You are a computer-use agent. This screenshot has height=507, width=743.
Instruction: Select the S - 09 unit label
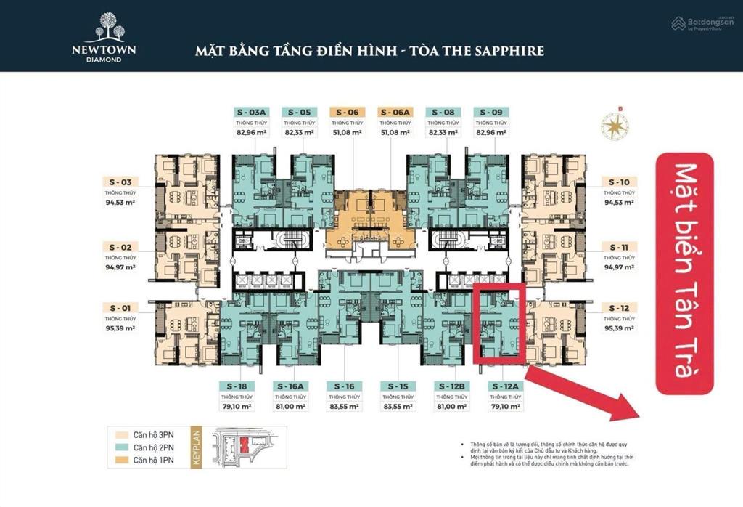pyautogui.click(x=491, y=112)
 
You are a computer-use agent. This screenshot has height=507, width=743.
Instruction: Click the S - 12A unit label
pyautogui.click(x=506, y=386)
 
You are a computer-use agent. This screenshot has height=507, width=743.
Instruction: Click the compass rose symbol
pyautogui.click(x=614, y=126)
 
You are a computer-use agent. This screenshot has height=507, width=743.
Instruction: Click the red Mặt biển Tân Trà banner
pyautogui.click(x=684, y=273)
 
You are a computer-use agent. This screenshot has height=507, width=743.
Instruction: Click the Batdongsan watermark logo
pyautogui.click(x=702, y=23)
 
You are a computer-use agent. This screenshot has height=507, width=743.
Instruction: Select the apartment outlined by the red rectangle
pyautogui.click(x=499, y=324)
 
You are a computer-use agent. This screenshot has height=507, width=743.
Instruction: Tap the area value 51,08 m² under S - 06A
pyautogui.click(x=395, y=132)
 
